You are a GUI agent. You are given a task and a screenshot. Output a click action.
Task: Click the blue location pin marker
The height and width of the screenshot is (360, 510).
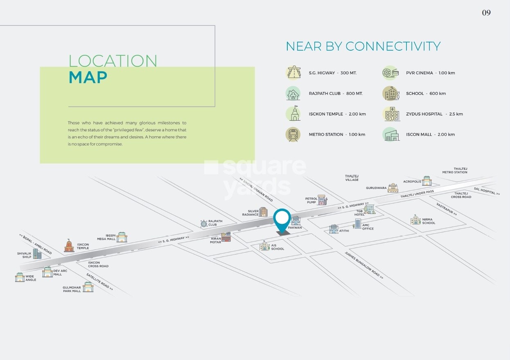282,220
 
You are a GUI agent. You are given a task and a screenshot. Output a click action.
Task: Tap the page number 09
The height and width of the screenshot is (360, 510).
486,13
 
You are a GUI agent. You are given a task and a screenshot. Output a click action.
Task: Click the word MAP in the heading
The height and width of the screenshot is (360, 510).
88,78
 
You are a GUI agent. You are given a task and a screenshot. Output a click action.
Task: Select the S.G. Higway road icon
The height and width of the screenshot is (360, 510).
293,73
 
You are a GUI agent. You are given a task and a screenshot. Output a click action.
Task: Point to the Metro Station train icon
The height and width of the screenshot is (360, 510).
293,134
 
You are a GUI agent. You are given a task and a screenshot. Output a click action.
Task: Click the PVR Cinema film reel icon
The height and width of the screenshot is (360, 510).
390,73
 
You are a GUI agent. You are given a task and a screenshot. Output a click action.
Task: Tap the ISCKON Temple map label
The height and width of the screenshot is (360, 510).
83,246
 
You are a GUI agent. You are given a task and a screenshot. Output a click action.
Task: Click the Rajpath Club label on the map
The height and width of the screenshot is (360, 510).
215,223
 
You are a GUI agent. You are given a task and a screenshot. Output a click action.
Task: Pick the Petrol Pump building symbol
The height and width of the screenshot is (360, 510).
322,200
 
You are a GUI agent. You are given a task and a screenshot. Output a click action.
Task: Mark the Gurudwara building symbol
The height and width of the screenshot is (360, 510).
393,188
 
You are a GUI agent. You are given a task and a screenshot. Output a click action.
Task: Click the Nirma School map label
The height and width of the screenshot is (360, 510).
429,221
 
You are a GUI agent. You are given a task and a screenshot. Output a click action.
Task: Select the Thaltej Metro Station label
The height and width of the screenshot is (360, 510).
455,171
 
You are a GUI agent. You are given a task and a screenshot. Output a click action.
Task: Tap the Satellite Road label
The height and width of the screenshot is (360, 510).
99,281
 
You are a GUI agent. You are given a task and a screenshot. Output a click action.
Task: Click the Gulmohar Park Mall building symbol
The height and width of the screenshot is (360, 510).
88,287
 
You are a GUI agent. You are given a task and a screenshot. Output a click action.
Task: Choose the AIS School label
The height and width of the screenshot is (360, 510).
278,247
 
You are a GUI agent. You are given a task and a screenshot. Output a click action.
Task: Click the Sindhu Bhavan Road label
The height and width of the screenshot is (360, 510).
256,190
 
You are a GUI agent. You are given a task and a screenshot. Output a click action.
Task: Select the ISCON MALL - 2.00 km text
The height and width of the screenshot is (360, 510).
430,134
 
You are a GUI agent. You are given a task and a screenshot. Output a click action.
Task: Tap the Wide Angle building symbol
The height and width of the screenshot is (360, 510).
20,277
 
